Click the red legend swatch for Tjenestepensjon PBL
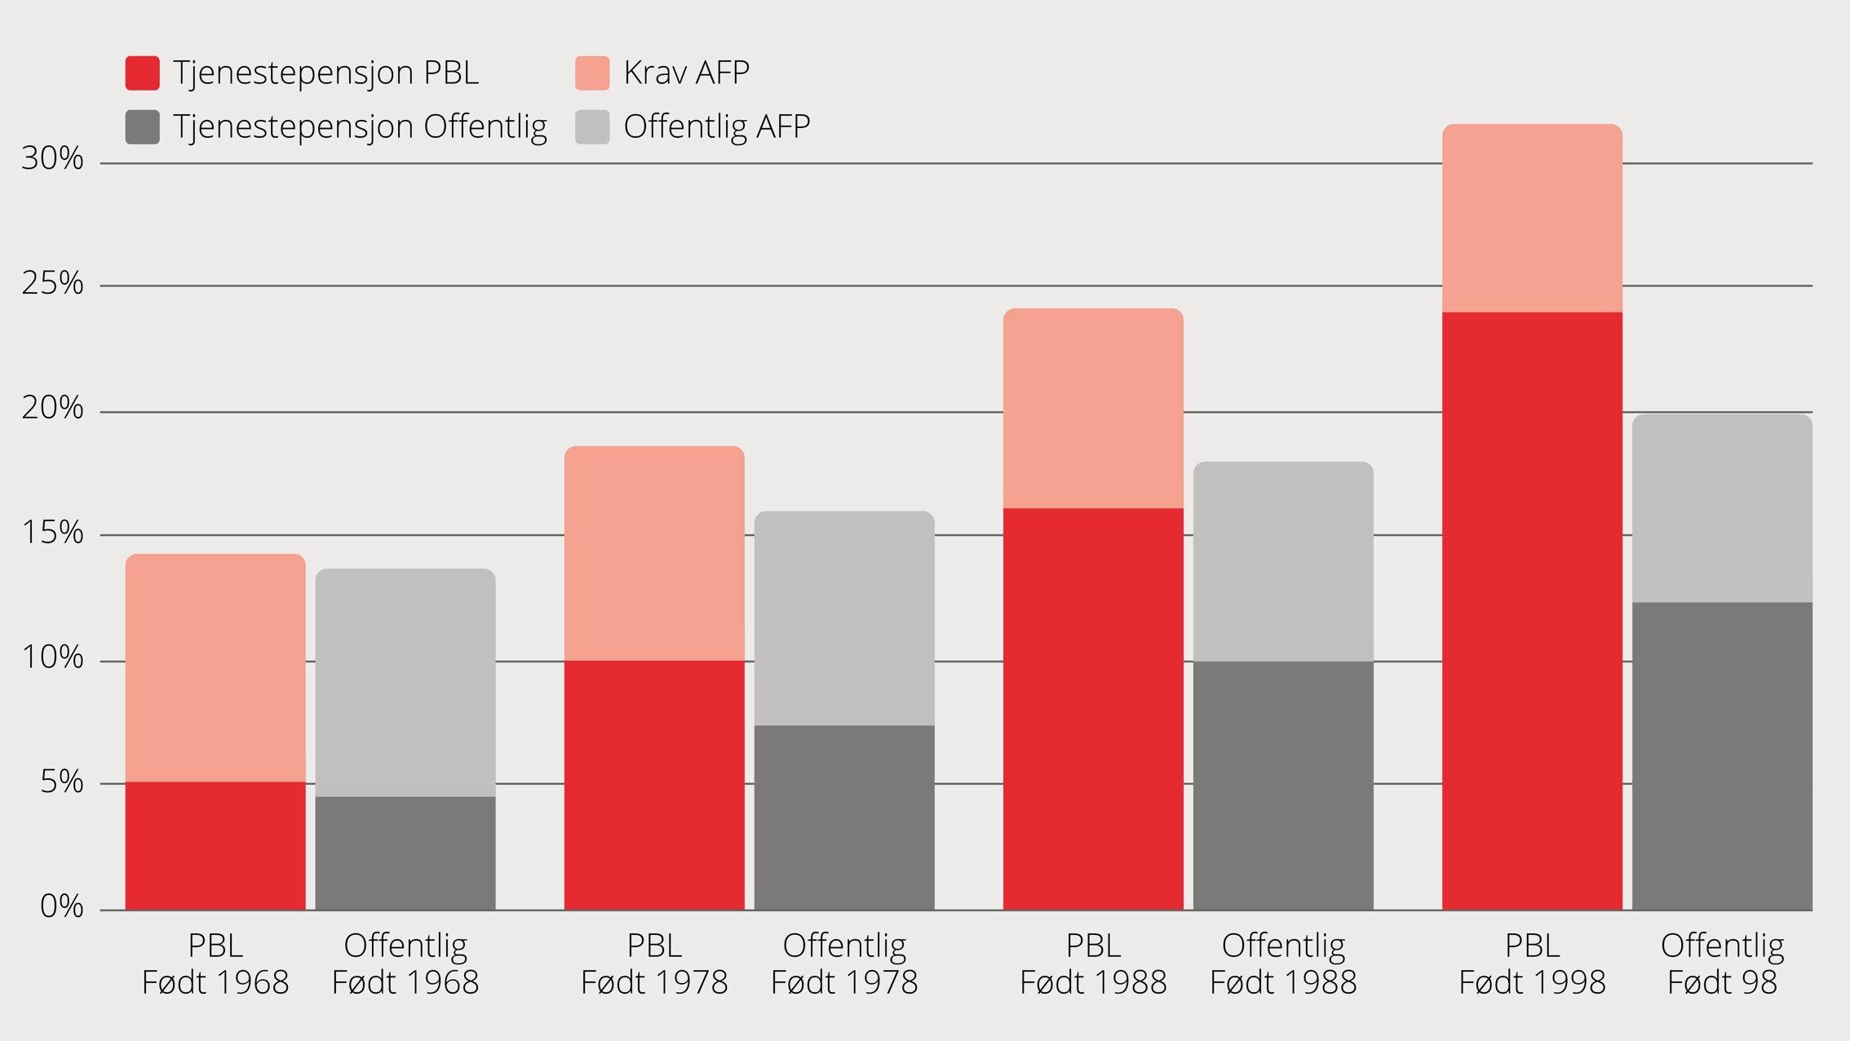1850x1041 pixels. [142, 73]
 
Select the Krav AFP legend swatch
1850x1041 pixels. [592, 73]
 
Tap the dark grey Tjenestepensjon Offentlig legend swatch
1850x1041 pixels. [142, 127]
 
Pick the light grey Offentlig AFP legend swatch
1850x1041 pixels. [592, 127]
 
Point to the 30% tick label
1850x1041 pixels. [53, 158]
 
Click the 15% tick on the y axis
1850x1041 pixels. [53, 533]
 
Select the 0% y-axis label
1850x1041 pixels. [61, 906]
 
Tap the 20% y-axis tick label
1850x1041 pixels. [53, 408]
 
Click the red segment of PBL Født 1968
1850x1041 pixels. [215, 845]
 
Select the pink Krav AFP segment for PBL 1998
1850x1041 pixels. [1532, 218]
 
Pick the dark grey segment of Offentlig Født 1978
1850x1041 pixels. [844, 817]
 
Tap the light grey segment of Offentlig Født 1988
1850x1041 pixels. [1283, 561]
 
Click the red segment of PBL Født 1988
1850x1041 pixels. [1093, 708]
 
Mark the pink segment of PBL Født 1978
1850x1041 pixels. [654, 553]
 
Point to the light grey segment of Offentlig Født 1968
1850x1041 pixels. [405, 683]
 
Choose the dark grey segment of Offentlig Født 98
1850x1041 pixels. [1722, 755]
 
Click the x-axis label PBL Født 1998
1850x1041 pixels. [1532, 963]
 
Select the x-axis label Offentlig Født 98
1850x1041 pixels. [1722, 963]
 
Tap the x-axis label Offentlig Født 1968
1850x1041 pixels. [405, 963]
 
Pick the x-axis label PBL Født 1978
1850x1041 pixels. [654, 963]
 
